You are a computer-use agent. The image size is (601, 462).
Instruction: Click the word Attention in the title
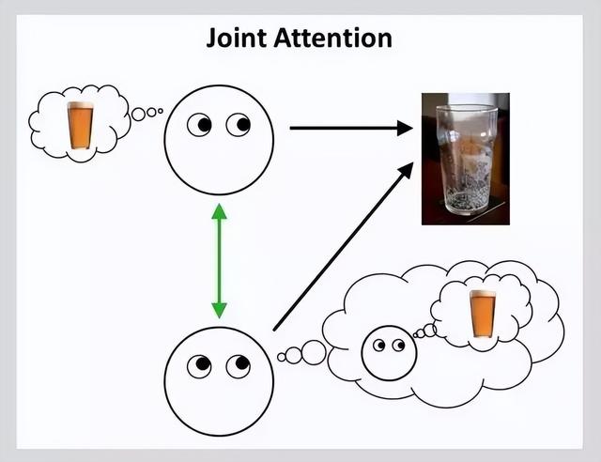click(333, 38)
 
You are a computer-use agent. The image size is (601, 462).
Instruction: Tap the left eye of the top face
click(199, 125)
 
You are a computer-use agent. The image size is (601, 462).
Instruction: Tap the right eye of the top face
click(238, 125)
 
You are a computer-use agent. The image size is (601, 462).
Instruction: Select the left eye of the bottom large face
click(199, 366)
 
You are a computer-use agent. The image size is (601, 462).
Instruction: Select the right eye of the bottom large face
click(238, 366)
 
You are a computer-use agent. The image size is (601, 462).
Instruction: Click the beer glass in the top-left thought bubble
click(80, 126)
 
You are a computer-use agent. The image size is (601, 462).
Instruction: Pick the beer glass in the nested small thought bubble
click(483, 314)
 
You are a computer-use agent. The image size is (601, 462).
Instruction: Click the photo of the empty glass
click(466, 159)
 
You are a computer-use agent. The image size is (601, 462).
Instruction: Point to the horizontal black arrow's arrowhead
click(405, 128)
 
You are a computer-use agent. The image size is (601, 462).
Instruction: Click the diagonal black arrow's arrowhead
click(406, 170)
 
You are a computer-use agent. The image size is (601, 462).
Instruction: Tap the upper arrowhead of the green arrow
click(219, 211)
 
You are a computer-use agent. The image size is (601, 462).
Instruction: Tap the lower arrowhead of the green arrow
click(219, 311)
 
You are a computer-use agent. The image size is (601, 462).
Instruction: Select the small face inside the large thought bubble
click(389, 353)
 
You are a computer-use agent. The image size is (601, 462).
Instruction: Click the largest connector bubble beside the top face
click(138, 115)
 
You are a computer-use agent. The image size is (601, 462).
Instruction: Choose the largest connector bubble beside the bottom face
click(314, 352)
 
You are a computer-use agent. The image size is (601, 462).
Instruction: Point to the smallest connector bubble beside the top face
click(161, 111)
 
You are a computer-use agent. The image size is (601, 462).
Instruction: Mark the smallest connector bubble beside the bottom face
click(282, 358)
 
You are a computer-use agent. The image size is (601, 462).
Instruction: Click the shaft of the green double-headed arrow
click(219, 261)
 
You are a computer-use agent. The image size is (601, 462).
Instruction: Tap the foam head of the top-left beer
click(80, 105)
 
